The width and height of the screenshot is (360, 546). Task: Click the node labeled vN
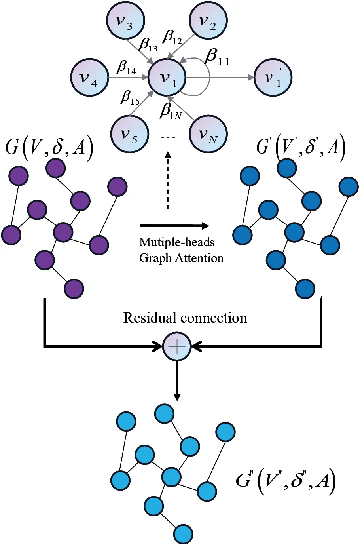208,134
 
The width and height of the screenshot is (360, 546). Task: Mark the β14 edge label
126,68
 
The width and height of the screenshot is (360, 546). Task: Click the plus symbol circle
177,346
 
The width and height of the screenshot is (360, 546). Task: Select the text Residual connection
185,318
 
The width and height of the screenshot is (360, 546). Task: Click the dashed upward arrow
168,180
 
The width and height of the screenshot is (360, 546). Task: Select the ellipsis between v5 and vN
168,137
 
